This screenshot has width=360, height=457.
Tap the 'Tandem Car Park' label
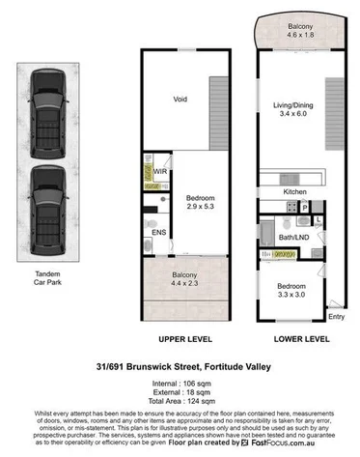coord(46,280)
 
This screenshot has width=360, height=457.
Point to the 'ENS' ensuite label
coord(158,232)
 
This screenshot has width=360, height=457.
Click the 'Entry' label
coord(336,316)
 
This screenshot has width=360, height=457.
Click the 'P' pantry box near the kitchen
coord(305,207)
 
